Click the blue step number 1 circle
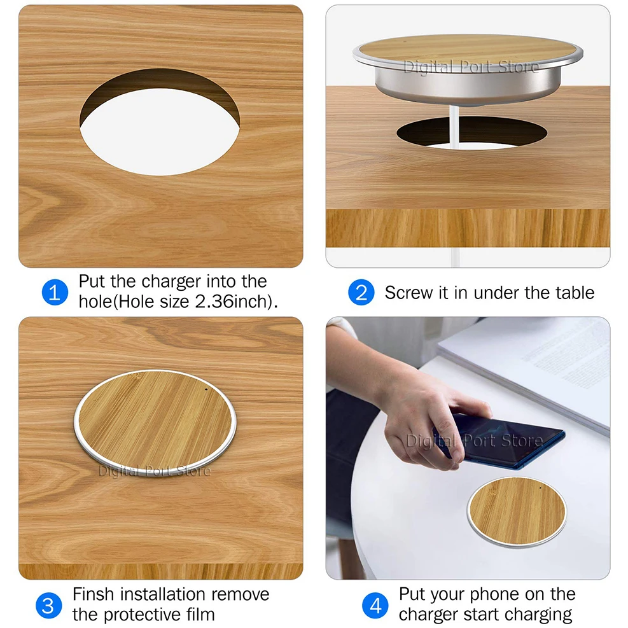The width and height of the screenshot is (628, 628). tap(55, 292)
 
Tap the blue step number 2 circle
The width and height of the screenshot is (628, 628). tap(361, 292)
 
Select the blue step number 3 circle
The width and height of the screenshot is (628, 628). tap(48, 604)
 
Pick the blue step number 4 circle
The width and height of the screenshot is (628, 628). tap(375, 605)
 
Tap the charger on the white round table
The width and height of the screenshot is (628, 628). tap(517, 512)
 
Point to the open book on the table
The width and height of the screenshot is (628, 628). tap(534, 369)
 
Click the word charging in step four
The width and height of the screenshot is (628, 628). tap(538, 615)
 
